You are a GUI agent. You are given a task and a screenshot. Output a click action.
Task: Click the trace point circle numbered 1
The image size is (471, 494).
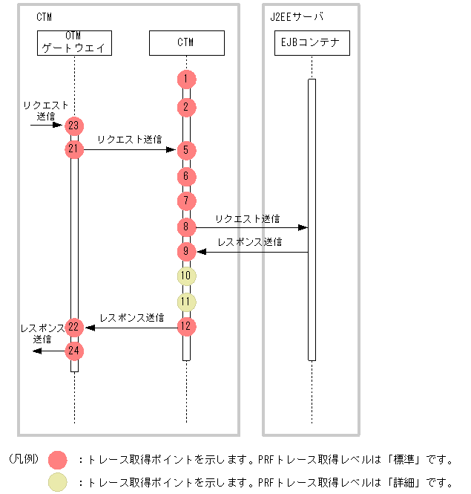click(x=187, y=79)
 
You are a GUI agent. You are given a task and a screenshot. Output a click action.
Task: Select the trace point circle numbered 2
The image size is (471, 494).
click(x=187, y=107)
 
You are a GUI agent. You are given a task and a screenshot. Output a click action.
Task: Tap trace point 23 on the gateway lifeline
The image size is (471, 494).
click(x=73, y=126)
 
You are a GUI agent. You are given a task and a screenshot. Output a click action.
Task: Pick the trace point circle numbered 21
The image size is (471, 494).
click(x=73, y=149)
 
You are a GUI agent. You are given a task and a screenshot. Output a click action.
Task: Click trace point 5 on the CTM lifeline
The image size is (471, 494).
click(x=187, y=150)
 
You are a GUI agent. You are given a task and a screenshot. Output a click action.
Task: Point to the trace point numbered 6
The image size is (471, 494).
click(x=187, y=177)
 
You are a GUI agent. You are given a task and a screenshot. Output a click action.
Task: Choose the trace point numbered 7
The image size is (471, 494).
click(x=187, y=201)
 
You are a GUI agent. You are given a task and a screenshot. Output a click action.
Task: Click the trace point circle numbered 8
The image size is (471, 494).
click(x=187, y=227)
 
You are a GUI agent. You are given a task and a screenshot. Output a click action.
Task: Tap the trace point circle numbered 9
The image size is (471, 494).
click(x=187, y=252)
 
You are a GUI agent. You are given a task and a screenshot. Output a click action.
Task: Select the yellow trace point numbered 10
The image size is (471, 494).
click(x=187, y=276)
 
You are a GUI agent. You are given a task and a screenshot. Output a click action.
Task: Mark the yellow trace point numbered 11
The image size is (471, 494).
click(x=187, y=302)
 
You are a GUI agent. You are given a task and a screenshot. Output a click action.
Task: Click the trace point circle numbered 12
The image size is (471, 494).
click(x=187, y=326)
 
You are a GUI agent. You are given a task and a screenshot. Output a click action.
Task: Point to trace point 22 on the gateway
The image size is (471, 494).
click(x=73, y=327)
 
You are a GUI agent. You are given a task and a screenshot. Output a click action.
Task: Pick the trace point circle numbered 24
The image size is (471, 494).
click(x=73, y=351)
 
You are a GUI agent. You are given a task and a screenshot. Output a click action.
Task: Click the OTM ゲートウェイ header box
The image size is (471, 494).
click(x=74, y=43)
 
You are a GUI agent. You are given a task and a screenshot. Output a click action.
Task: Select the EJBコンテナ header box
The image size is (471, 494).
click(x=312, y=43)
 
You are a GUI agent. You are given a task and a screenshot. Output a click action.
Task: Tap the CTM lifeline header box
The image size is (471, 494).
click(x=187, y=43)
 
